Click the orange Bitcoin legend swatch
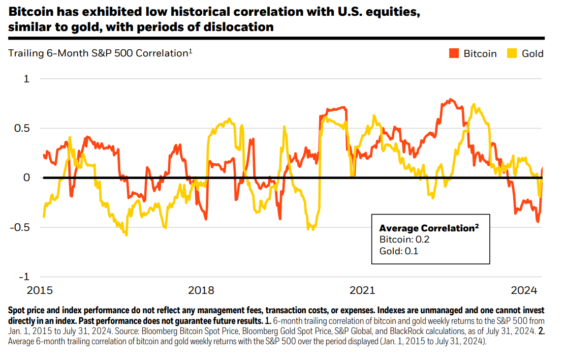(x=454, y=53)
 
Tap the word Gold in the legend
(x=532, y=53)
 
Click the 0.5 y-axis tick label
(x=21, y=128)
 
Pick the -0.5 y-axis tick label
(x=20, y=227)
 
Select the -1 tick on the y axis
(x=24, y=277)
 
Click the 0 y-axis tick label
(x=26, y=177)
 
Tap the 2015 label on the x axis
(x=39, y=290)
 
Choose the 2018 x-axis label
(x=201, y=290)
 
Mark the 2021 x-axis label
(x=362, y=290)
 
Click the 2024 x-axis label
(x=524, y=290)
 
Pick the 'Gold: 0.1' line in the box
(x=398, y=250)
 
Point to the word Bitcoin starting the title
(x=29, y=12)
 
